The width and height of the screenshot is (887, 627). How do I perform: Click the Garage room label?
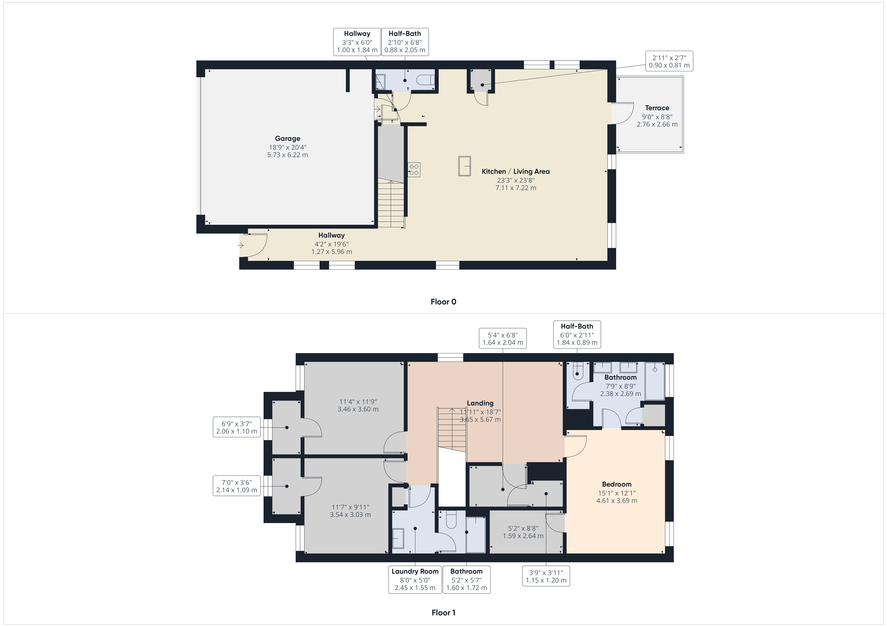pyautogui.click(x=287, y=138)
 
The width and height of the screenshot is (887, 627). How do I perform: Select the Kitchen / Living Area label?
pyautogui.click(x=515, y=172)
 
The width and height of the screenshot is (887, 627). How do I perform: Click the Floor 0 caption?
pyautogui.click(x=443, y=302)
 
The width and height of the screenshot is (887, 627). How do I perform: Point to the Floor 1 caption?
pyautogui.click(x=443, y=612)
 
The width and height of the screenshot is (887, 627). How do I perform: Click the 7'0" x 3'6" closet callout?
pyautogui.click(x=236, y=486)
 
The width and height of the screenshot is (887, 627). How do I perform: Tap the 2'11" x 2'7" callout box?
pyautogui.click(x=669, y=61)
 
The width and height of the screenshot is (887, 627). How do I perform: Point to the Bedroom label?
pyautogui.click(x=617, y=484)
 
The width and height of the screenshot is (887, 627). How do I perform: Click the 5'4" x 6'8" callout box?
pyautogui.click(x=503, y=338)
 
